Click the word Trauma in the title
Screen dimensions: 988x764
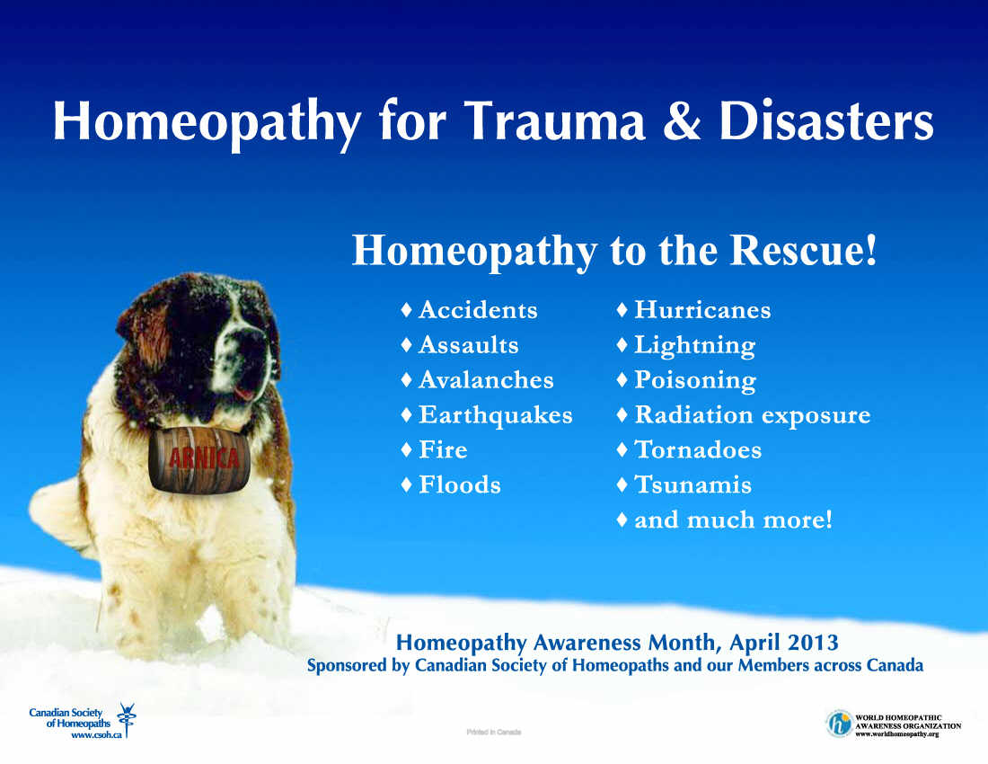555,120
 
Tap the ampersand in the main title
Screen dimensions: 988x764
682,120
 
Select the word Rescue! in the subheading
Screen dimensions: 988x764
803,250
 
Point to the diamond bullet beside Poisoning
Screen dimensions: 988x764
622,379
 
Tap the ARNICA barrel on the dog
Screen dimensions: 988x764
199,459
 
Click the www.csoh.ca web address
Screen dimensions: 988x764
96,735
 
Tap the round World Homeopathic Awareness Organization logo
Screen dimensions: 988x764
839,724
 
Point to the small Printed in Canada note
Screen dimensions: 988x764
494,732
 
